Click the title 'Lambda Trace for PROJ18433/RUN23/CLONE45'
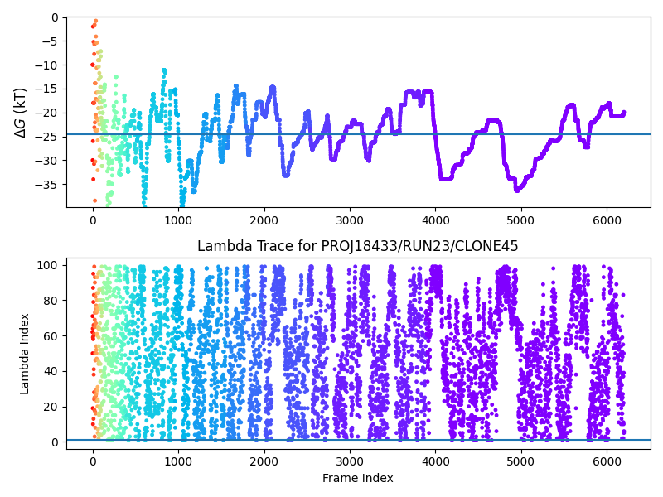[x=358, y=246]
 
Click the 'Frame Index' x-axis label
[x=358, y=478]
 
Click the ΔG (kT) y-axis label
[x=20, y=112]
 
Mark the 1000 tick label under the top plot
[x=178, y=220]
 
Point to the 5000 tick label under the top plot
[x=521, y=220]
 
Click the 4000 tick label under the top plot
[x=436, y=220]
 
